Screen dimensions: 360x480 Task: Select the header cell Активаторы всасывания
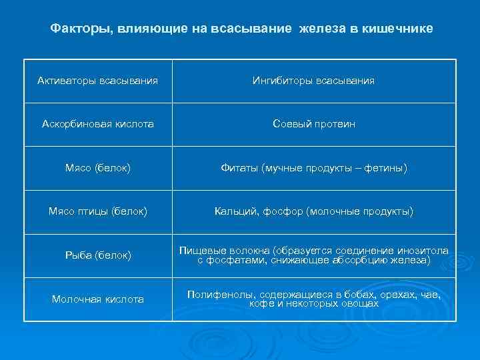(x=97, y=81)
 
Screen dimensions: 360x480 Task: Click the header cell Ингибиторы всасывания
(x=313, y=81)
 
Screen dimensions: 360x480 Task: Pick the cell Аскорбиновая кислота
(x=97, y=124)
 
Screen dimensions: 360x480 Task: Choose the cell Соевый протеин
(x=313, y=124)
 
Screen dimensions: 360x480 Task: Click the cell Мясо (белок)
(x=97, y=168)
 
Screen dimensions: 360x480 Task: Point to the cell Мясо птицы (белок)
(x=97, y=211)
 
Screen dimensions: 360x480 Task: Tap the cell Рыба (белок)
(x=97, y=255)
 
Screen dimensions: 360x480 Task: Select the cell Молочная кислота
(x=97, y=299)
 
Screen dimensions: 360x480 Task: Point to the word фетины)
(x=386, y=168)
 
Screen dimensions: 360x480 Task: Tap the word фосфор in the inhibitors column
(x=279, y=211)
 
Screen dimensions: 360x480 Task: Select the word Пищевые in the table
(x=199, y=251)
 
